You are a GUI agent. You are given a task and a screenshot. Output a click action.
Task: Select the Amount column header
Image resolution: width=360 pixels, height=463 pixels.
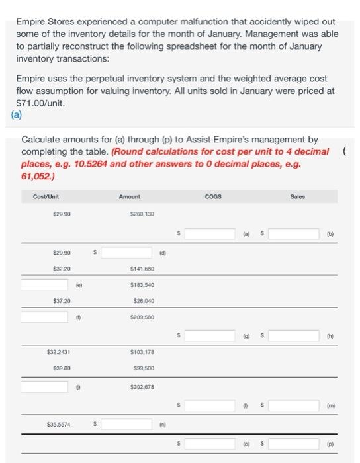point(130,196)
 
